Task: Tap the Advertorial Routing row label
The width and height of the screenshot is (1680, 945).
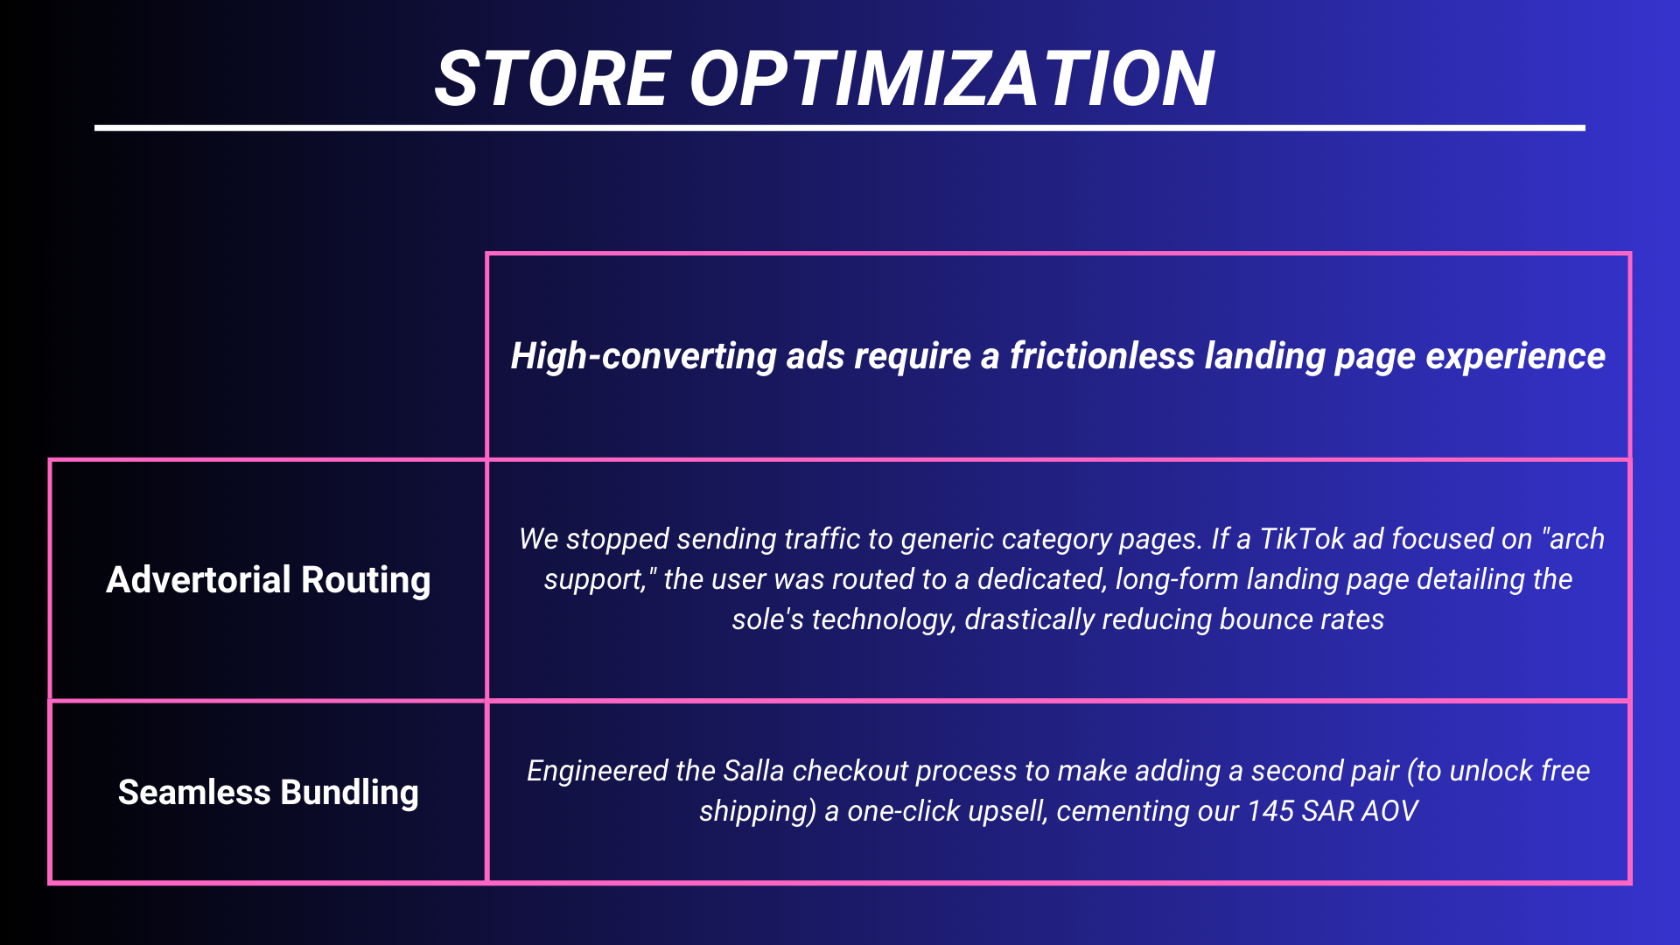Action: [x=268, y=580]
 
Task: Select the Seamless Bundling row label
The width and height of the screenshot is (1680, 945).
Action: [x=268, y=793]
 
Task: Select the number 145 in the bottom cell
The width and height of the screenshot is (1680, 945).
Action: [x=1270, y=811]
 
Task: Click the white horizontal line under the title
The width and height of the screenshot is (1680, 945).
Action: [x=840, y=128]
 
